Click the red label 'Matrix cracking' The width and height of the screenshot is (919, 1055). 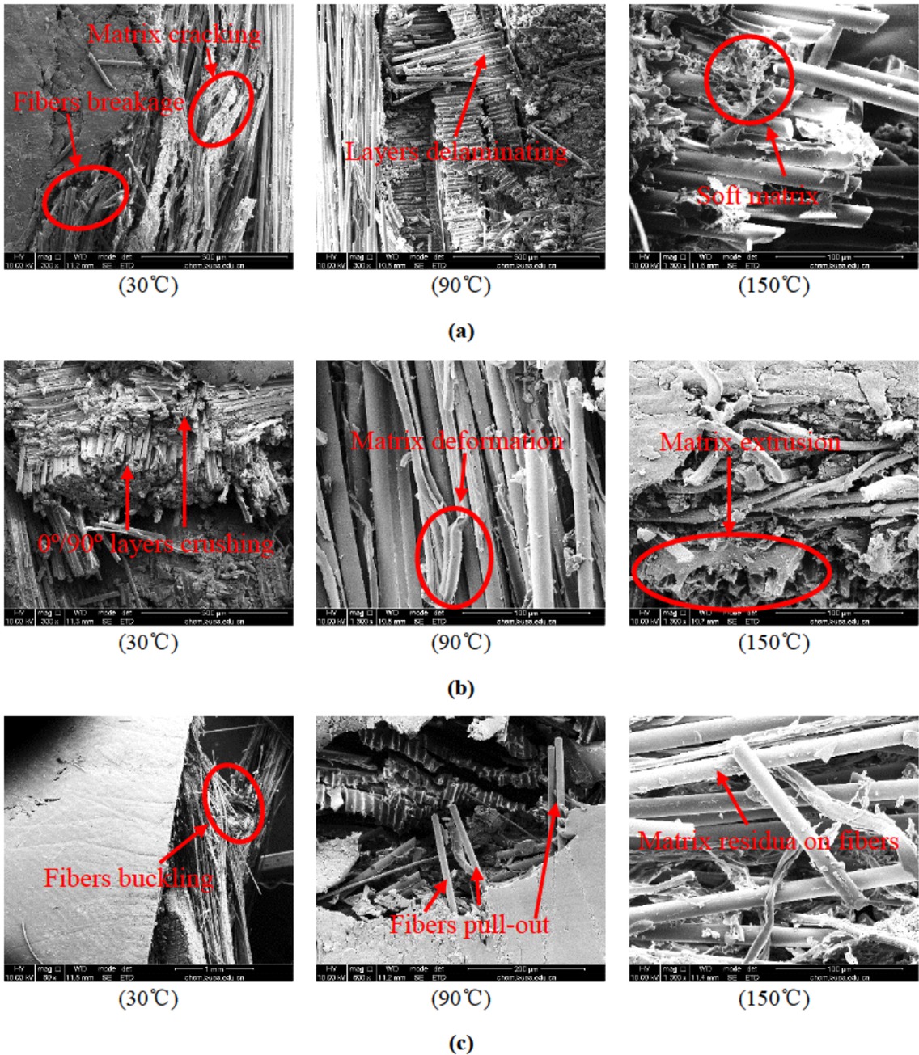174,34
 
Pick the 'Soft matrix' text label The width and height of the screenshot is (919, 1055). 758,196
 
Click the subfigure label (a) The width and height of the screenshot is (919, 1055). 460,331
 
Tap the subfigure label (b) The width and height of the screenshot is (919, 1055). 460,689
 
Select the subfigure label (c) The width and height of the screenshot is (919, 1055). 460,1044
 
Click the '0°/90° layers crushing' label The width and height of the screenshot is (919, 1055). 156,543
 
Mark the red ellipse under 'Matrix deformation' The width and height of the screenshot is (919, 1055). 454,557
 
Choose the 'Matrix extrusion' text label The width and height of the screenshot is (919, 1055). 750,441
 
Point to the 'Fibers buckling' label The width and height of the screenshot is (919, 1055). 128,879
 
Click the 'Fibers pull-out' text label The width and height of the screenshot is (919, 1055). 469,925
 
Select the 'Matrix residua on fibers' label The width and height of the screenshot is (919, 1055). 769,842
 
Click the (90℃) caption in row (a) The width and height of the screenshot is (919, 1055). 460,285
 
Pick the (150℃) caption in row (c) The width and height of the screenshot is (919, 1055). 773,998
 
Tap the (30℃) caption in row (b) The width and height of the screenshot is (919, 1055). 148,643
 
